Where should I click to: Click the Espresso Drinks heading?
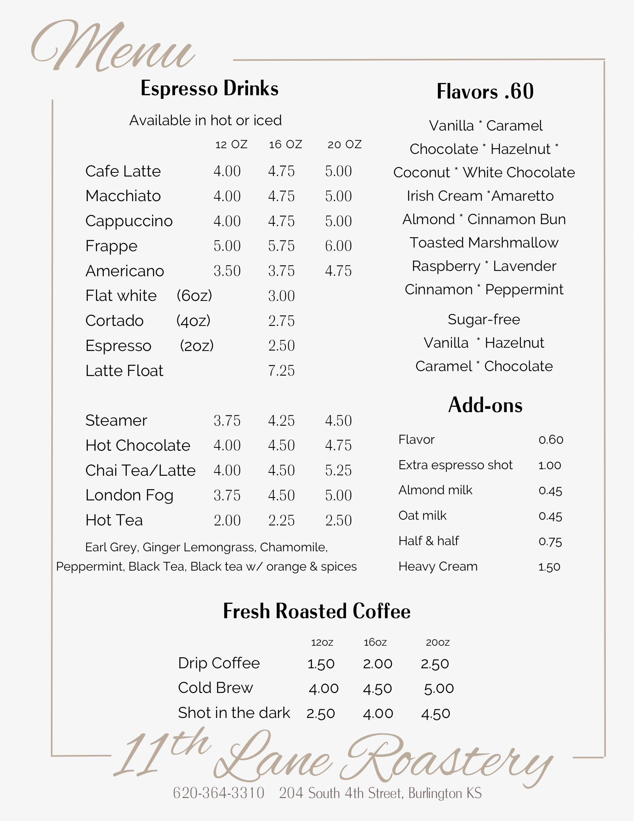209,89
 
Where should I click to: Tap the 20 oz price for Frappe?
338,246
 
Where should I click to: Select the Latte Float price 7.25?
281,371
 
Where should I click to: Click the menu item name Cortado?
114,321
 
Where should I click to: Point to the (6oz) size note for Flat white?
194,296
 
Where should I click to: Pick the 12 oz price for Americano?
227,271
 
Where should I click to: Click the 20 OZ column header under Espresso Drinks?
344,144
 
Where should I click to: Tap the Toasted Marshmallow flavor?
484,243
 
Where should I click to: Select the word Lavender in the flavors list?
525,266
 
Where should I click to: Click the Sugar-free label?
484,319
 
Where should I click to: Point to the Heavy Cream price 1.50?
549,567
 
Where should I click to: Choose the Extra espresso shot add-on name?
455,465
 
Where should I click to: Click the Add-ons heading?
485,405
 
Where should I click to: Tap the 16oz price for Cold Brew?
377,688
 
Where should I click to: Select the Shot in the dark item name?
234,713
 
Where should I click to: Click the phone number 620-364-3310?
219,793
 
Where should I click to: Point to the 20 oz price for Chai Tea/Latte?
338,470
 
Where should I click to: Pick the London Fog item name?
129,495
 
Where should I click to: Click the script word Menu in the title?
113,47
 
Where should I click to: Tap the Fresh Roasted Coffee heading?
317,611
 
